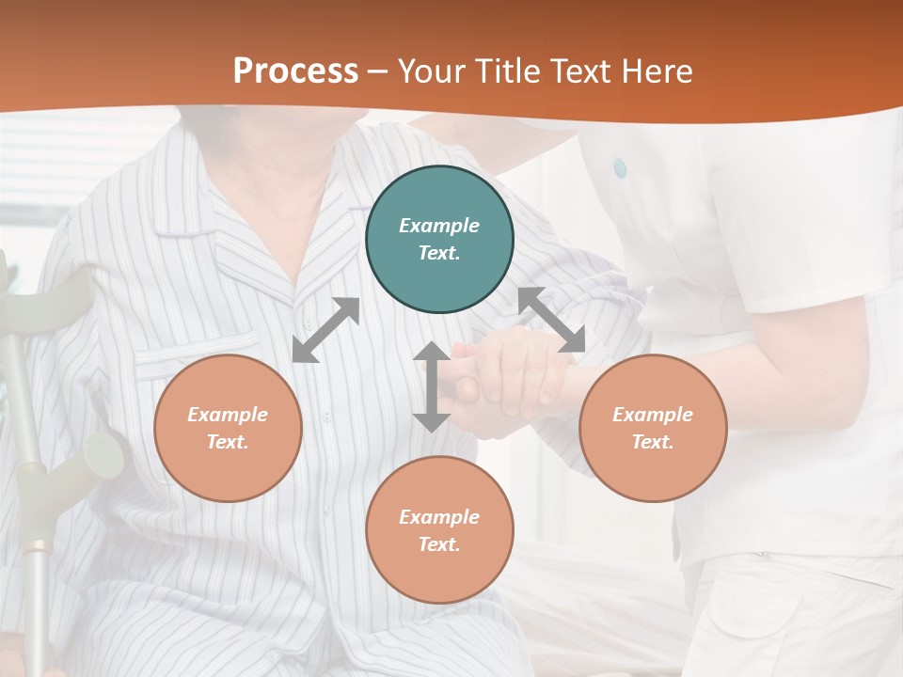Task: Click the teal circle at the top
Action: (x=439, y=240)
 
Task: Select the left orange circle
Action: (x=228, y=428)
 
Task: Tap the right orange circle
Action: (x=653, y=428)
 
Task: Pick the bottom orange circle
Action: (x=439, y=530)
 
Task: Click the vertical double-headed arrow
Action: (x=432, y=387)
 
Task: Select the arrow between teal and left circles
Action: (x=325, y=330)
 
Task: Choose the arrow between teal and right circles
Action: (x=552, y=320)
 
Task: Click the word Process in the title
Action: (x=295, y=71)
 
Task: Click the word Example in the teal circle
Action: (x=439, y=226)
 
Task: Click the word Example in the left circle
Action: (x=228, y=415)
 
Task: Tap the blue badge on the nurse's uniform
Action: (x=620, y=168)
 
